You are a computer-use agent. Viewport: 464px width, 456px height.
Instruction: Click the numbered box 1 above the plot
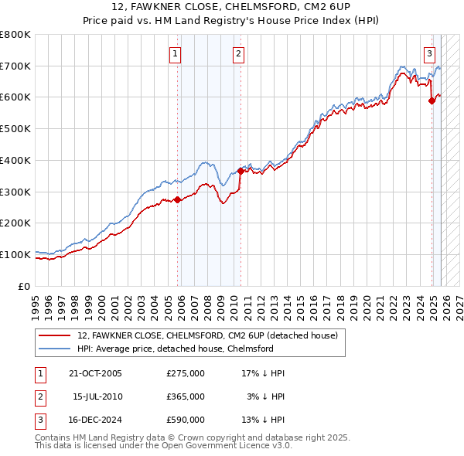176,53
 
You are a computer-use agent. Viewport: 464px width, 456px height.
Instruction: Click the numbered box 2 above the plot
238,53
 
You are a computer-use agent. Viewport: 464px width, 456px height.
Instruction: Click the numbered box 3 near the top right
429,53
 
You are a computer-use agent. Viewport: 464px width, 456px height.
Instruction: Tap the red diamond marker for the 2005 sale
178,199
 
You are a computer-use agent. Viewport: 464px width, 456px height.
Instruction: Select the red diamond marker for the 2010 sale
241,172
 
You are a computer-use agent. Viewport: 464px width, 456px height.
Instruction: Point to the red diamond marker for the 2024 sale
432,100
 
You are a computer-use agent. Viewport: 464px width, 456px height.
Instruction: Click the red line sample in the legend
54,336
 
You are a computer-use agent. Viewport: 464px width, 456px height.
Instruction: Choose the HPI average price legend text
176,349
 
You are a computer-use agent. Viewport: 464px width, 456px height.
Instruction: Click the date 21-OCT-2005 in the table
95,373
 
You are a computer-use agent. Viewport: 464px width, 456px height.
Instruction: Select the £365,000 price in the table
186,396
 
